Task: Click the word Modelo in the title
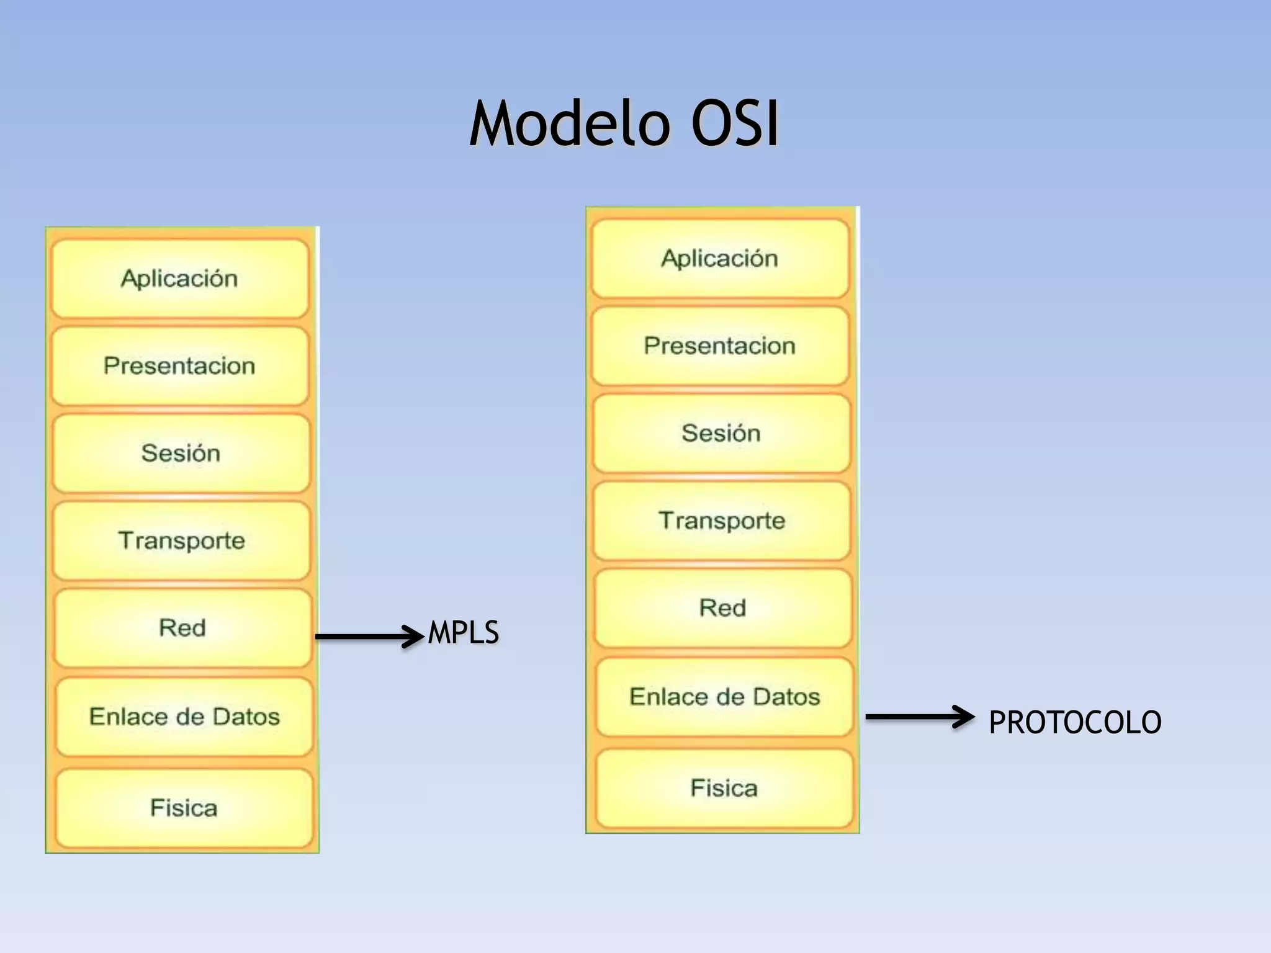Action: coord(570,124)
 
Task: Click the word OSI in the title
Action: coord(735,124)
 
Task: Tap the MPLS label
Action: coord(463,633)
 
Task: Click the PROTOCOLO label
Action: coord(1075,722)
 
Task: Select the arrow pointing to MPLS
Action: coord(369,637)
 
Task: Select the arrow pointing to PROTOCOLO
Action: coord(919,717)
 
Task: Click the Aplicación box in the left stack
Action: coord(180,279)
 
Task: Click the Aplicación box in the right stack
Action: coord(720,259)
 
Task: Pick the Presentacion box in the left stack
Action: coord(180,366)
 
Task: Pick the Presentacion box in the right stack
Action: coord(720,346)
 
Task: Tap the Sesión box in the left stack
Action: coord(181,454)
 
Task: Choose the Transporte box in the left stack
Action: coord(182,541)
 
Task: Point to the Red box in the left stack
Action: coord(182,629)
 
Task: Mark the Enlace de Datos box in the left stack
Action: coord(184,717)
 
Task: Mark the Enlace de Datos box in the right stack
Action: coord(724,697)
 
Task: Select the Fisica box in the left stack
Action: coord(184,808)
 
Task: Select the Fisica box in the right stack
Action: coord(724,789)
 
